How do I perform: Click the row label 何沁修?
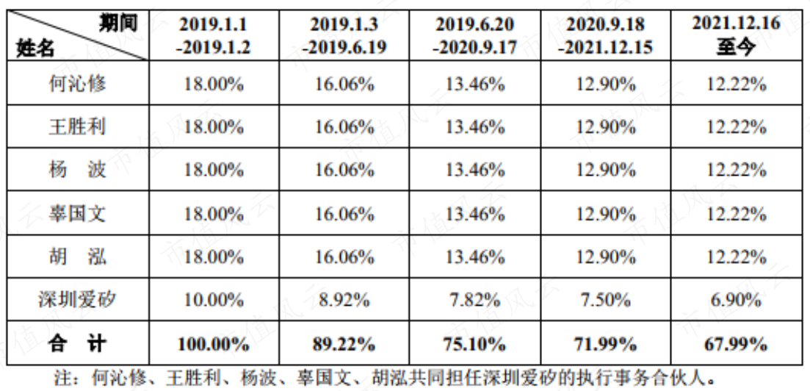[x=78, y=84]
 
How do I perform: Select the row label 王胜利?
[x=78, y=126]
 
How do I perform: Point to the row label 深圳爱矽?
[x=78, y=299]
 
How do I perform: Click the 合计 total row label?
[x=78, y=343]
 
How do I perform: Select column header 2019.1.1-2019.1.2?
[x=214, y=36]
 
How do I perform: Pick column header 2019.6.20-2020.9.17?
[x=475, y=36]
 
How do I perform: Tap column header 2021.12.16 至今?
[x=736, y=36]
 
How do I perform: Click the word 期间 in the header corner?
[x=119, y=24]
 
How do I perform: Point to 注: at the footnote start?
[x=66, y=378]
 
